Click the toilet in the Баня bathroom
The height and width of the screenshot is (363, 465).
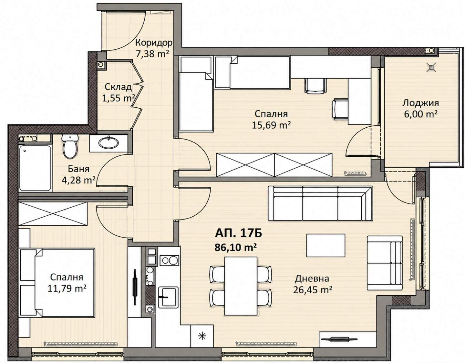[x=70, y=146]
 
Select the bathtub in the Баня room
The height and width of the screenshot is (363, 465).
[x=35, y=168]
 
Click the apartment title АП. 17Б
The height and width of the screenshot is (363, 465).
[x=238, y=234]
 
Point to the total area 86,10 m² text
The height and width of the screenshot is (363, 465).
[x=236, y=248]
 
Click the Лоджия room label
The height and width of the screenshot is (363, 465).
[x=420, y=103]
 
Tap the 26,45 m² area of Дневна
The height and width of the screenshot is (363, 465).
[x=313, y=290]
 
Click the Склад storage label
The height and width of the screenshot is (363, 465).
[x=118, y=87]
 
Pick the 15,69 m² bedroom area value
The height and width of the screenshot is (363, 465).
[x=271, y=125]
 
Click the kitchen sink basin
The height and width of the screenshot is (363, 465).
[x=168, y=297]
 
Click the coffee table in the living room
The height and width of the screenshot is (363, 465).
[x=325, y=245]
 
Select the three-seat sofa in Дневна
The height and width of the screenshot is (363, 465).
[x=320, y=203]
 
